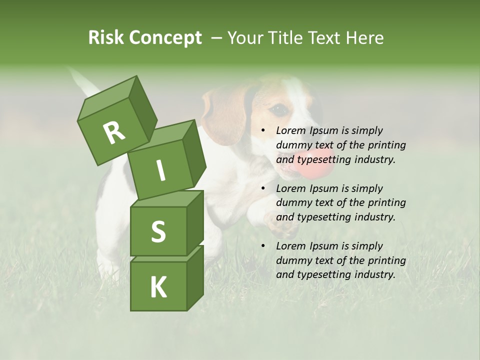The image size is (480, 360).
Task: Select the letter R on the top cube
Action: (114, 133)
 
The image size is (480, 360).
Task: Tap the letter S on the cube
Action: (158, 232)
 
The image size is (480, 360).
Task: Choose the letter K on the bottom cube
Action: (158, 287)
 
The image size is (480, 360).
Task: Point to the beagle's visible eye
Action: (280, 108)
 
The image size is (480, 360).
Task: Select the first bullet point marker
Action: (263, 131)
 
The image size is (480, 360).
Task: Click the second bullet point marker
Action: (263, 188)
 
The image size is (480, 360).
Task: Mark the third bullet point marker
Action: (263, 246)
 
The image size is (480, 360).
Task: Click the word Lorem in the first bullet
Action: (290, 130)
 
